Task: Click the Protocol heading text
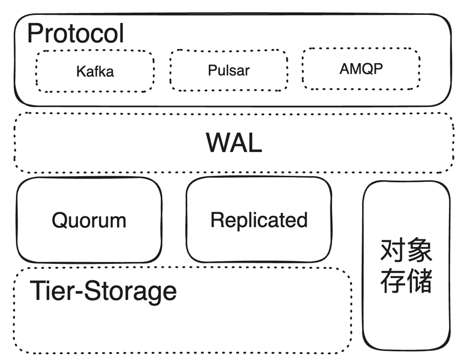76,33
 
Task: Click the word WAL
234,143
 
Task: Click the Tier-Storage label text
104,291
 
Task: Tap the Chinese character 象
419,252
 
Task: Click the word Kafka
95,71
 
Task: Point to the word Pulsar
228,70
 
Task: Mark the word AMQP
360,69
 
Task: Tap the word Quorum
89,220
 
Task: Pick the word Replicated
259,220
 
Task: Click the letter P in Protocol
35,33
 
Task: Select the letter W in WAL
216,143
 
